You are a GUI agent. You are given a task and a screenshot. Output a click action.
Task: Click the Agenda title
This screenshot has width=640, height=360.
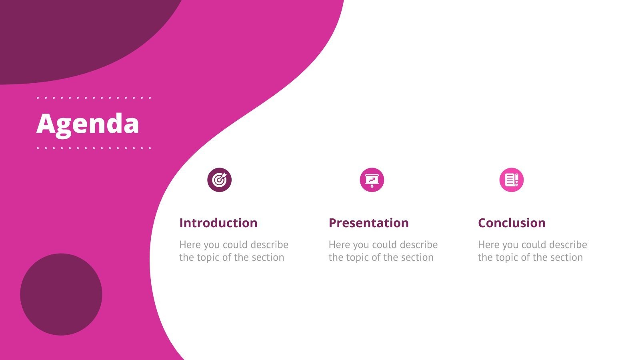(88, 124)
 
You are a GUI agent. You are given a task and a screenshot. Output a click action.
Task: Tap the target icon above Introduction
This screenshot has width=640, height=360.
(219, 180)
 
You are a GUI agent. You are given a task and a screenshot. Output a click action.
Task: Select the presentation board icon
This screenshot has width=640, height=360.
(372, 180)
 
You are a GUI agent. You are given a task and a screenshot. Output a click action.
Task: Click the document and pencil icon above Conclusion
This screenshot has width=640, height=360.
(511, 180)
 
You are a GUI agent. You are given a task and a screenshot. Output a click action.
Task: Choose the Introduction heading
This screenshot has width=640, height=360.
(218, 223)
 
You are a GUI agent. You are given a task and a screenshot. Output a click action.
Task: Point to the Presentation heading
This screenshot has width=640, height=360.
(368, 223)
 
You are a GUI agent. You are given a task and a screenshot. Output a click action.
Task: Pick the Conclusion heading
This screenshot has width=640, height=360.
(512, 223)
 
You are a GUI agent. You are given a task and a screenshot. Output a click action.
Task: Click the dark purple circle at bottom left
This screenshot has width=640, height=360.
(61, 294)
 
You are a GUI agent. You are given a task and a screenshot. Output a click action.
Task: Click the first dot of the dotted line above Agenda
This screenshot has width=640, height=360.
(38, 98)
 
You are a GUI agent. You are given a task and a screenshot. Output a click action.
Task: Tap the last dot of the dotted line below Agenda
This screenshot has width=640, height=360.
(150, 148)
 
